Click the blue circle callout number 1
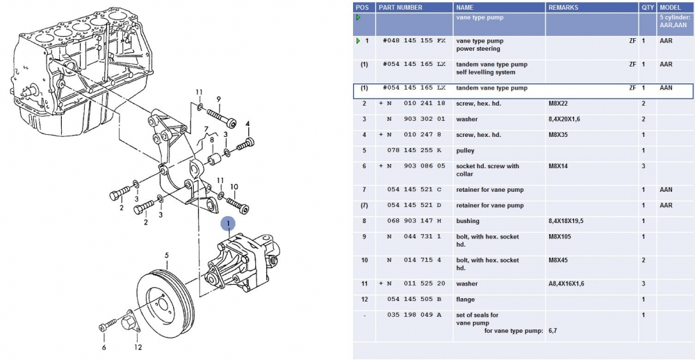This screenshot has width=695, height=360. pos(228,223)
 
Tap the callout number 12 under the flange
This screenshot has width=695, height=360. pos(138,347)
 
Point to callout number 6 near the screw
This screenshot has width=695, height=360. pos(104,347)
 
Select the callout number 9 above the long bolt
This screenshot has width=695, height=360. pos(218,99)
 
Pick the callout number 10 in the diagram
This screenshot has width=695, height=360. pos(234,186)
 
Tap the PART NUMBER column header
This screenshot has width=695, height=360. pos(400,7)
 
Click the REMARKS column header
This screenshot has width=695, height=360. pos(564,7)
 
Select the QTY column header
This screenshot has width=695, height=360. pos(648,7)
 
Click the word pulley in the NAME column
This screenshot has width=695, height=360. pos(466,151)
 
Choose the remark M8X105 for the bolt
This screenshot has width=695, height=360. pos(562,236)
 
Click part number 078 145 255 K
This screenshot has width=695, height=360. pos(414,151)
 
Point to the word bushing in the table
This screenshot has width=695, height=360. pos(468,221)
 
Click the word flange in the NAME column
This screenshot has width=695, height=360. pos(466,300)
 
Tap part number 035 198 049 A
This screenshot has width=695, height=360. pos(414,315)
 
